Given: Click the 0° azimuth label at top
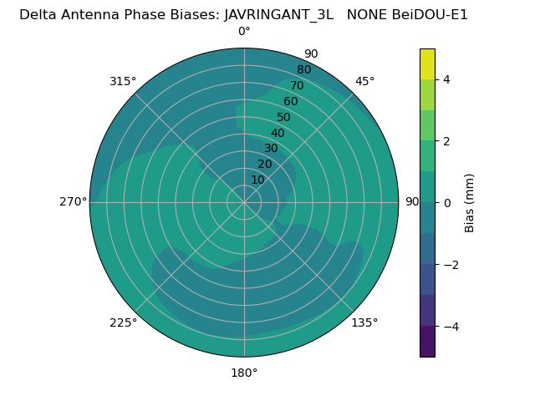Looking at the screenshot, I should (x=244, y=32).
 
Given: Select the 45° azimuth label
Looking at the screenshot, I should (x=364, y=81).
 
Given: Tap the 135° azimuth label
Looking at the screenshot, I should (x=364, y=322).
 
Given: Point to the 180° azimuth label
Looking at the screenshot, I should (x=244, y=373).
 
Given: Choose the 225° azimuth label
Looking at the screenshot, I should (x=123, y=322).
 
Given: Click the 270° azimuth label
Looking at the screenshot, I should (x=73, y=202).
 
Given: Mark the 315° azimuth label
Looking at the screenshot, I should (x=123, y=81).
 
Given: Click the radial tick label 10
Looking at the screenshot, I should (x=257, y=180).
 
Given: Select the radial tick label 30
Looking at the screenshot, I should (x=271, y=149).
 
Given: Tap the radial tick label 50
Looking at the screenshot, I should (x=284, y=118).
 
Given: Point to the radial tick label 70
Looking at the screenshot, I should (x=297, y=86).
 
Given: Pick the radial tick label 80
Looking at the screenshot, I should (x=303, y=70).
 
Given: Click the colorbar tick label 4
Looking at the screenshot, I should (x=446, y=79).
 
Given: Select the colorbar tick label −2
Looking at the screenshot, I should (x=449, y=265).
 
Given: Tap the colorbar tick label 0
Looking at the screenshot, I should (x=446, y=203).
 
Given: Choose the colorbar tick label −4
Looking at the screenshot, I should (x=449, y=327).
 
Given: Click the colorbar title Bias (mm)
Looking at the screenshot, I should (x=470, y=203).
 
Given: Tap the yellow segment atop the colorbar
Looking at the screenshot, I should (x=427, y=63).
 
